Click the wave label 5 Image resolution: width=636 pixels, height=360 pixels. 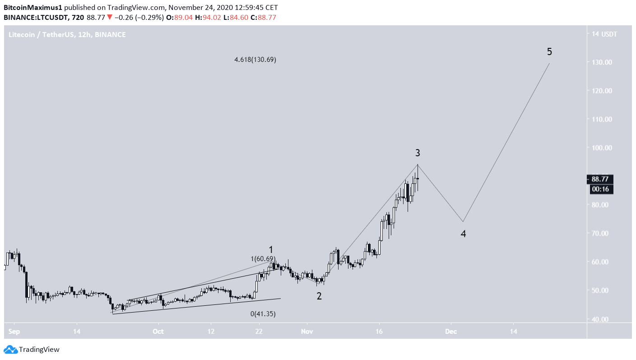(549, 52)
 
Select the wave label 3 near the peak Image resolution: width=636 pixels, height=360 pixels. (418, 153)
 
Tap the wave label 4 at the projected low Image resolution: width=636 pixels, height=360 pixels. (463, 234)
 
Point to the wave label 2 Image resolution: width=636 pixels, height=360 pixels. (319, 296)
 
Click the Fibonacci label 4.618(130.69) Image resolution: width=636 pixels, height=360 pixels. (255, 60)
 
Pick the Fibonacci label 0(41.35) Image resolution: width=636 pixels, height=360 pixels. (263, 313)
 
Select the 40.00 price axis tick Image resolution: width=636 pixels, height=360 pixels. (602, 319)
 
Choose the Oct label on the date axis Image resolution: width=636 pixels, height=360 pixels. (158, 331)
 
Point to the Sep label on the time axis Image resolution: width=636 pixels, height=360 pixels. (14, 331)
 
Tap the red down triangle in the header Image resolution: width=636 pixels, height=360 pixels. (110, 18)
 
